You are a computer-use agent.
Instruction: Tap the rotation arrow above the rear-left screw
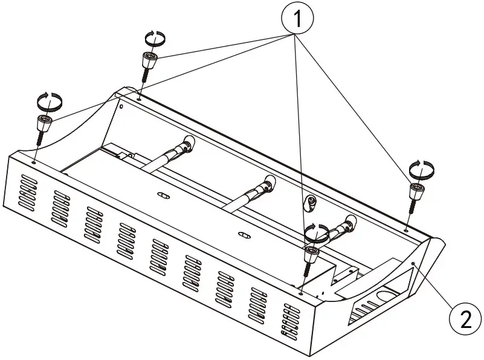point(155,37)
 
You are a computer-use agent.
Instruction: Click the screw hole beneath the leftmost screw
point(34,162)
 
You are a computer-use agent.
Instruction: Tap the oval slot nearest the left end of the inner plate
point(162,195)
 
